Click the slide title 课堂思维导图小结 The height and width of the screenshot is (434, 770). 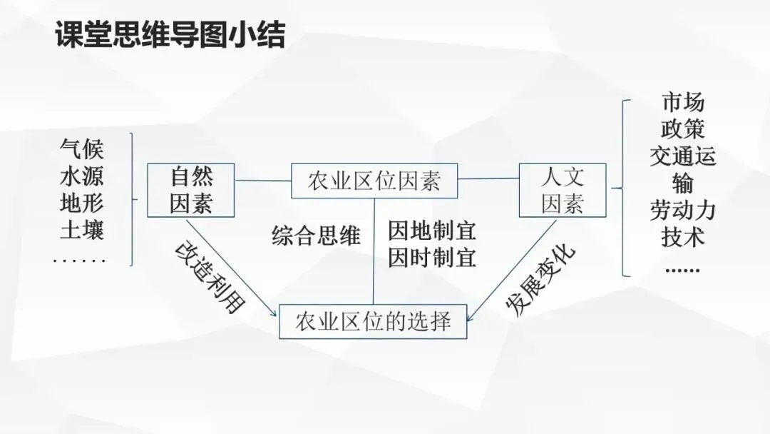pyautogui.click(x=170, y=35)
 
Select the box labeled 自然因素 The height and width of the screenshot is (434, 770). pyautogui.click(x=190, y=190)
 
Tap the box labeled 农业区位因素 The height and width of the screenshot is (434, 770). pyautogui.click(x=374, y=181)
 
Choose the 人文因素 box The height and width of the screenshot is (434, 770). pyautogui.click(x=562, y=190)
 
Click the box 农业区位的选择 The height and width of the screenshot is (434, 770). pyautogui.click(x=374, y=321)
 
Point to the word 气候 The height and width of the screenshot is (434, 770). pyautogui.click(x=82, y=149)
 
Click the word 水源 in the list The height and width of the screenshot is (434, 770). pyautogui.click(x=82, y=176)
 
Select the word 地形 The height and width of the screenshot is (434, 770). pyautogui.click(x=82, y=203)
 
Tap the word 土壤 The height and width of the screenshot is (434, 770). pyautogui.click(x=82, y=231)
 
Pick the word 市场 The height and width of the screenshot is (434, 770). pyautogui.click(x=682, y=102)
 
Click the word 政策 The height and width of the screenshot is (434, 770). pyautogui.click(x=682, y=129)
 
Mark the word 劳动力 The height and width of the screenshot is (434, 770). pyautogui.click(x=682, y=210)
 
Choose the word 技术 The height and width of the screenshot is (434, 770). pyautogui.click(x=682, y=237)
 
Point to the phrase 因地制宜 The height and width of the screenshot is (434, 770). pyautogui.click(x=432, y=231)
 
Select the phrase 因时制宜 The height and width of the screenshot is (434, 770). pyautogui.click(x=432, y=257)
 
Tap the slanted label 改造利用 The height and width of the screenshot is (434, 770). pyautogui.click(x=210, y=279)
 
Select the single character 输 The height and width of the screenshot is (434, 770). pyautogui.click(x=682, y=183)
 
